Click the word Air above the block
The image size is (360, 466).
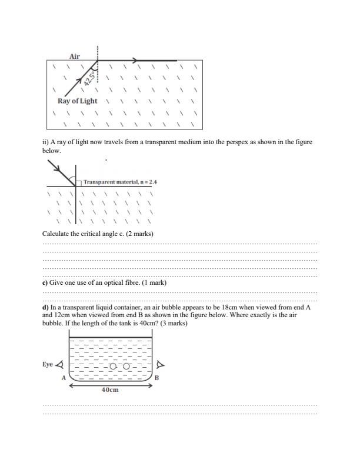[x=75, y=56]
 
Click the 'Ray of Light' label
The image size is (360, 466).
[x=78, y=101]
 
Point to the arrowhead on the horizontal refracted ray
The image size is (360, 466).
[x=135, y=60]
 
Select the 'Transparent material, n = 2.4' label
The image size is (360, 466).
[x=120, y=182]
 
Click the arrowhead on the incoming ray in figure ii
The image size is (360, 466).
[x=59, y=168]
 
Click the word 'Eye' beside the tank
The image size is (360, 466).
[x=48, y=364]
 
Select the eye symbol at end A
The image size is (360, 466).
[x=59, y=365]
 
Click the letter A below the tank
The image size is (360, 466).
[x=64, y=378]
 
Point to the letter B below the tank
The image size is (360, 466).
[x=156, y=378]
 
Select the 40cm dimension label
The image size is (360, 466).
[x=110, y=390]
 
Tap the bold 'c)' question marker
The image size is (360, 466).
[x=45, y=283]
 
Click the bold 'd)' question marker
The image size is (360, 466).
[x=45, y=308]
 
